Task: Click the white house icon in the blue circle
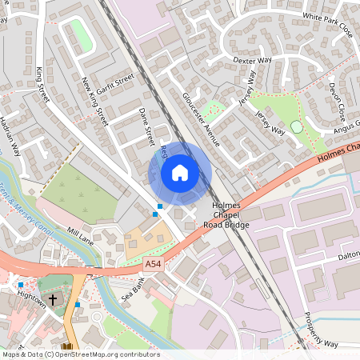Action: tap(180, 173)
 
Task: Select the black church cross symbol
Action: tap(53, 300)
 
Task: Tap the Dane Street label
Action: tap(146, 126)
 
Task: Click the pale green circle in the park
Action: tap(297, 127)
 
